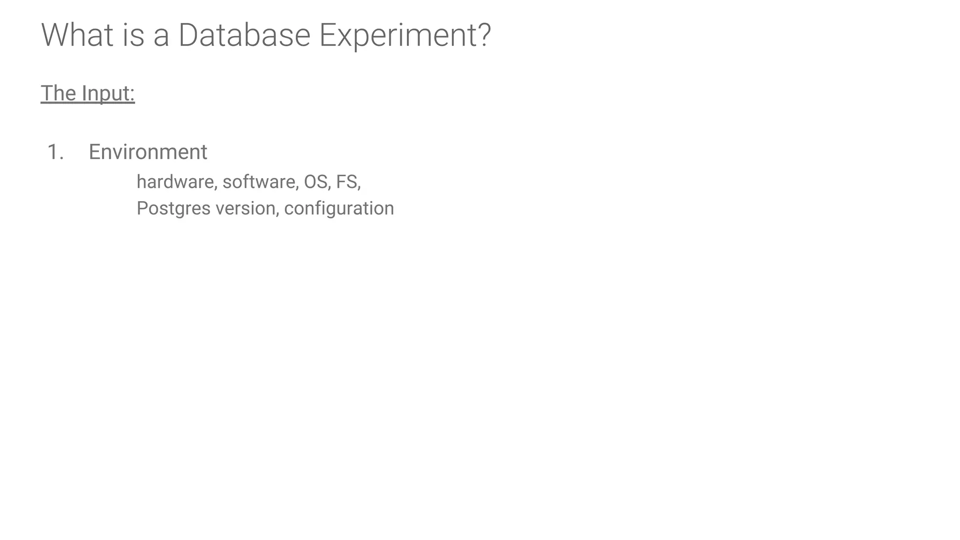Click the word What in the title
point(77,35)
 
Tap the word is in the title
point(134,35)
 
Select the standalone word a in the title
point(161,37)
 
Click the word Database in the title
point(244,35)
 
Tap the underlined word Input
point(105,94)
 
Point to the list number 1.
point(55,152)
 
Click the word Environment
point(148,152)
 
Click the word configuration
point(339,209)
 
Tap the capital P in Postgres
point(141,208)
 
